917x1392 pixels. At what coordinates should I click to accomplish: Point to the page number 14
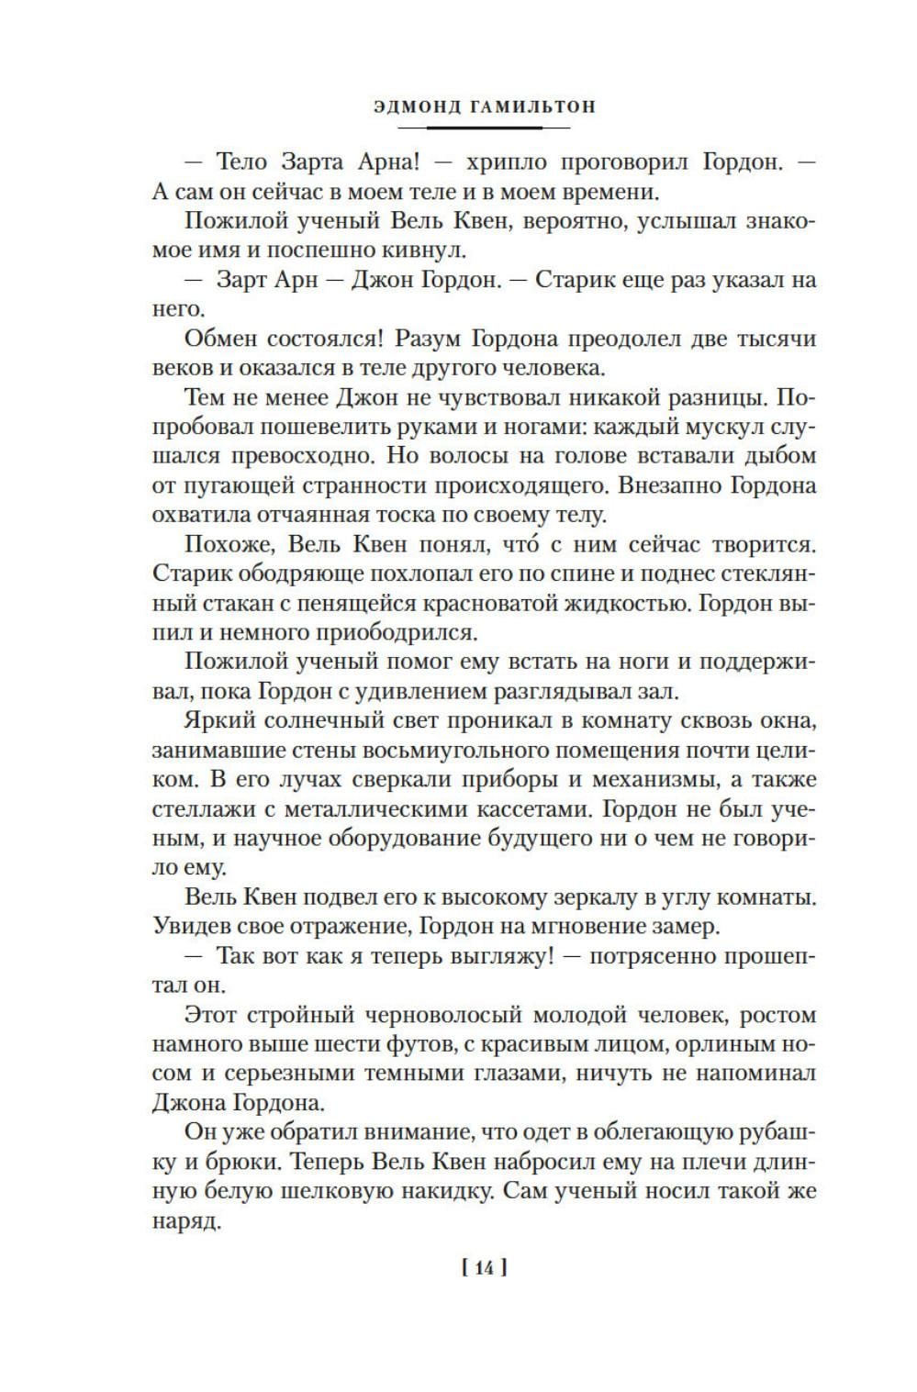pos(485,1268)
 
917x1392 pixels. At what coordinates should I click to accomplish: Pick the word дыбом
pos(778,456)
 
